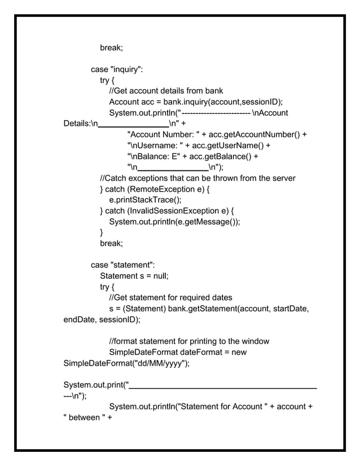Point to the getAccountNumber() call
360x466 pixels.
[x=261, y=134]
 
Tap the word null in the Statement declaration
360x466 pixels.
[x=161, y=276]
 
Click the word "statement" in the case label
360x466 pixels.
[x=131, y=265]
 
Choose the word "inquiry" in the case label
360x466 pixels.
[x=125, y=69]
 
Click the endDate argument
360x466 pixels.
[x=78, y=320]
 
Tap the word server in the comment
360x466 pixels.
[x=283, y=178]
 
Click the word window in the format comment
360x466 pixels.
[x=256, y=341]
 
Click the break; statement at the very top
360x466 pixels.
[x=112, y=47]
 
